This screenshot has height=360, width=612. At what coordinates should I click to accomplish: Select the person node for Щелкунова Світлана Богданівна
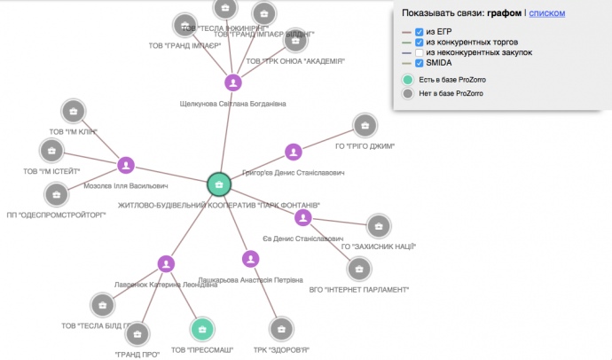point(232,83)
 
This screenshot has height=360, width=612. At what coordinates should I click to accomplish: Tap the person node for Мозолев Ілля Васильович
point(126,165)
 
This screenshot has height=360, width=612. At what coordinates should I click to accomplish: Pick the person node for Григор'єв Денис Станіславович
point(293,153)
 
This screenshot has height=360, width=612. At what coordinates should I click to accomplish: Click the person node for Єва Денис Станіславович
point(303,217)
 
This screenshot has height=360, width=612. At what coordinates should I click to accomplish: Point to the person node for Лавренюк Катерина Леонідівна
point(165,263)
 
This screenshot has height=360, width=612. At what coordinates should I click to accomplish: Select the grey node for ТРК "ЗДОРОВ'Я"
point(281,330)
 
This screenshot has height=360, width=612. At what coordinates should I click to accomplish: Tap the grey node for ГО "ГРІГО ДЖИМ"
point(365,126)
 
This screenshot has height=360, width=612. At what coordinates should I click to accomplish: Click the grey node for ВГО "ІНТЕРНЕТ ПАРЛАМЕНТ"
point(358,269)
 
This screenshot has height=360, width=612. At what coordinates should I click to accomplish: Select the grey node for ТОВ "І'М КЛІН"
point(73,112)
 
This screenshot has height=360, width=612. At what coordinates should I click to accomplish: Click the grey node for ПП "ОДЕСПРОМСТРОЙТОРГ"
point(55,194)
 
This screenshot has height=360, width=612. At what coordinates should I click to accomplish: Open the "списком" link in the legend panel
point(546,13)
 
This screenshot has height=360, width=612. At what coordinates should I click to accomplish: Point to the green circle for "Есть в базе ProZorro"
point(407,80)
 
